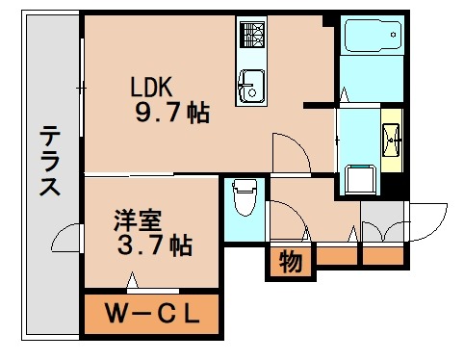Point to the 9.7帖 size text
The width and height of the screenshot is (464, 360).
pos(171,114)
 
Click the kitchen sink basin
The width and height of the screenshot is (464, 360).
pos(250,87)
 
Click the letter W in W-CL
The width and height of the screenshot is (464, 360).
pos(116,313)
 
